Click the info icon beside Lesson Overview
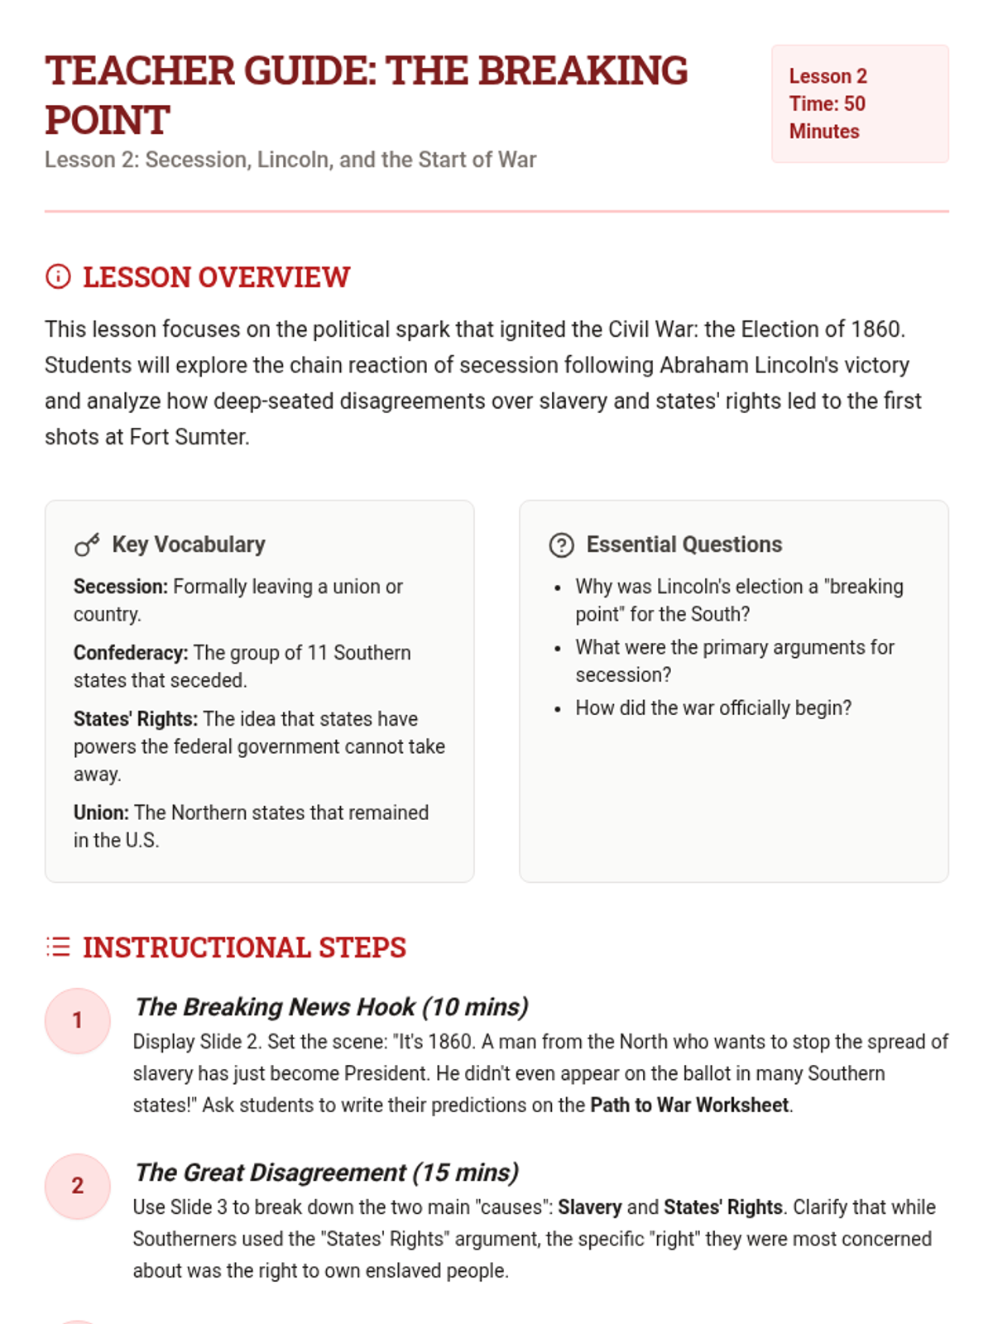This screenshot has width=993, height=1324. coord(58,276)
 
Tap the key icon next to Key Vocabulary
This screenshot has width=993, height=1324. coord(87,544)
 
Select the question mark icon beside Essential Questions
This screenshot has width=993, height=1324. coord(561,544)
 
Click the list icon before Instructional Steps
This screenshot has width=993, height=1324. coord(58,947)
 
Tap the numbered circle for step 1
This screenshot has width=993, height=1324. coord(77,1020)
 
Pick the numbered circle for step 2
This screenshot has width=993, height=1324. coord(77,1186)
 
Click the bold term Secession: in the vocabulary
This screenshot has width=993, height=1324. coord(120,587)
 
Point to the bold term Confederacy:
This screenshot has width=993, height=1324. coord(131,653)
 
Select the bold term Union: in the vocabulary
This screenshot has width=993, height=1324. coord(101,813)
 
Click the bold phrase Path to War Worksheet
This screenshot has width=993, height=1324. coord(689,1106)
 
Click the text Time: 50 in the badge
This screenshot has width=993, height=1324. coord(827,103)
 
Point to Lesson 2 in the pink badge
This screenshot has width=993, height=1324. coord(827,76)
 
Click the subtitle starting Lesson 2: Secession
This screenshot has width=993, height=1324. coord(290,160)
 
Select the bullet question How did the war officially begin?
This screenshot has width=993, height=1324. coord(713,708)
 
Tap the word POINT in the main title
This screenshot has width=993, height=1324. coord(108,120)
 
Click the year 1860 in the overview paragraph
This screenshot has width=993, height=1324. coord(875,329)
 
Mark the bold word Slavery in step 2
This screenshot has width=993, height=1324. coord(589,1207)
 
